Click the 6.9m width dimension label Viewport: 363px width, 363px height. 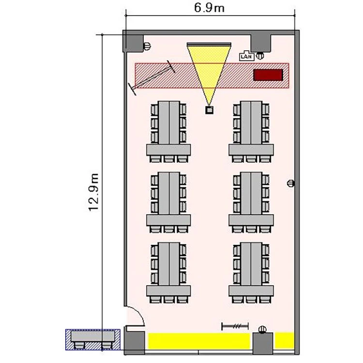coord(209,8)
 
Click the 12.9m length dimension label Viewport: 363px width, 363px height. coord(94,192)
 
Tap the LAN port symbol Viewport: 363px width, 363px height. coord(246,56)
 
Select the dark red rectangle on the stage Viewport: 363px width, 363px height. coord(268,75)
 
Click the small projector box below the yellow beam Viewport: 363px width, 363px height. coord(209,110)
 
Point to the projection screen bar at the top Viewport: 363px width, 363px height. coord(209,44)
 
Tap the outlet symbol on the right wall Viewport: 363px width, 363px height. coord(291,183)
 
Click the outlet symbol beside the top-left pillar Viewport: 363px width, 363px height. coord(147,46)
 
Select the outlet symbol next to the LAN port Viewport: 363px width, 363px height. coord(260,56)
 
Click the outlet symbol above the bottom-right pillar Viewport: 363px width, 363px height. coord(262,329)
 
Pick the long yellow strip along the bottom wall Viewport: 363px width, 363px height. coord(199,341)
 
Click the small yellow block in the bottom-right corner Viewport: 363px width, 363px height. coord(285,340)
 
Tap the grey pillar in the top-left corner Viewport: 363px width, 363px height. coord(133,44)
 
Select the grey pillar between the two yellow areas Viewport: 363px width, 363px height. coord(262,343)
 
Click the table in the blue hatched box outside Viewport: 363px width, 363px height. coord(92,336)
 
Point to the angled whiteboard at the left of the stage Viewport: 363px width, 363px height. coord(152,77)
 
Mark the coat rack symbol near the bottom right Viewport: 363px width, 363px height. coord(235,326)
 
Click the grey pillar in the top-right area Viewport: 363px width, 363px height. coord(261,43)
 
